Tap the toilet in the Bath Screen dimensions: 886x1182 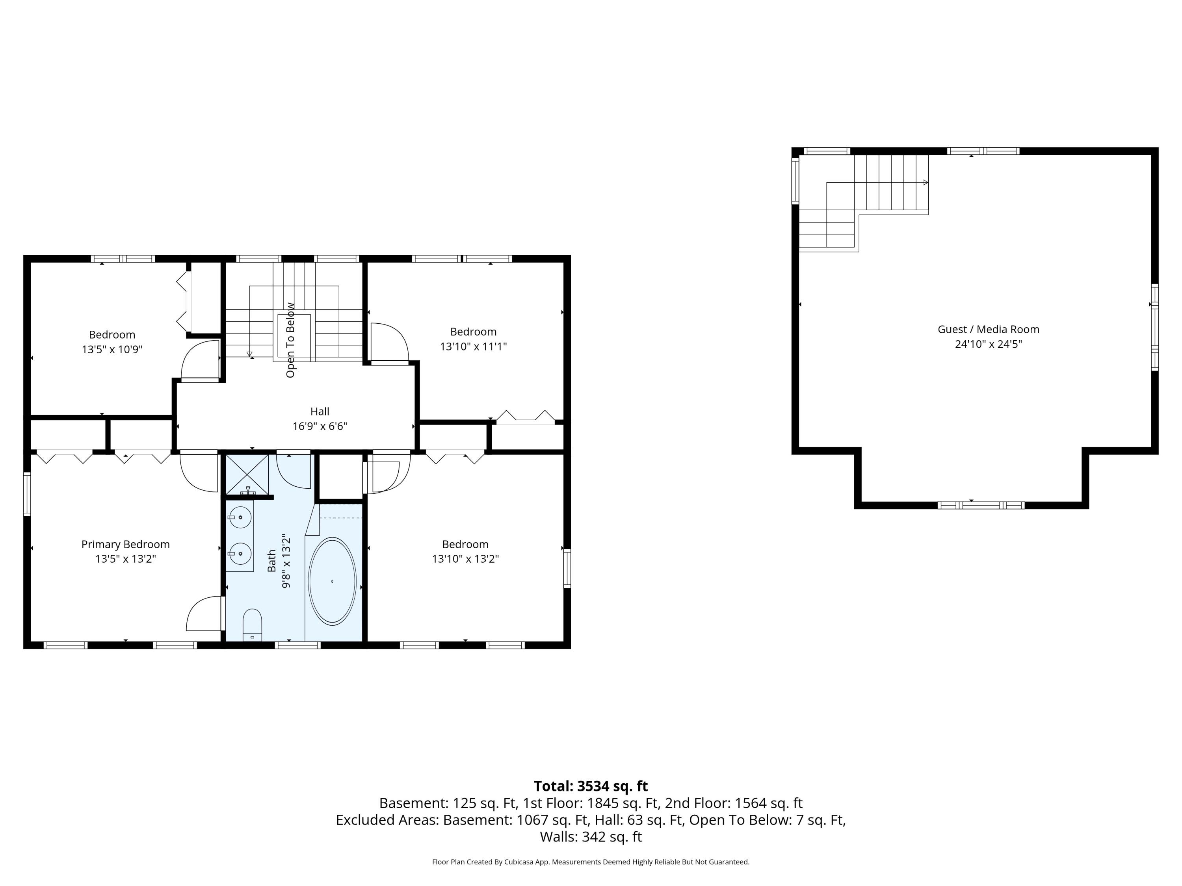click(252, 623)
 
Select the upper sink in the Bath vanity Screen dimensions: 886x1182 click(240, 517)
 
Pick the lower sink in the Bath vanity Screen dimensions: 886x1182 click(240, 554)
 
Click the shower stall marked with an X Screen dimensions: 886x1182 click(247, 474)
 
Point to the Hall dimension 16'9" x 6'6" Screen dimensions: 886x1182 click(320, 426)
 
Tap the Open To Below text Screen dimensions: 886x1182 click(290, 340)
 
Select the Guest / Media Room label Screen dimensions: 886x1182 click(988, 330)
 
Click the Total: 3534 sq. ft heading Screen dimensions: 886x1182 click(591, 786)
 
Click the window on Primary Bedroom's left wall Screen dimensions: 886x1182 click(27, 494)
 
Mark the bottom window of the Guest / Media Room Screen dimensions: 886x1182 click(981, 505)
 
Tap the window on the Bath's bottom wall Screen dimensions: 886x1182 click(297, 645)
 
